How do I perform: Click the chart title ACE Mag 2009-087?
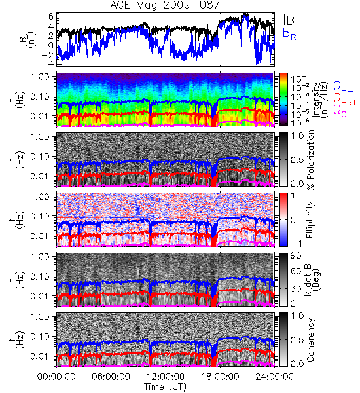pos(165,5)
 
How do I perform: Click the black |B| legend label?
pos(291,20)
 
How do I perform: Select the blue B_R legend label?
pos(289,33)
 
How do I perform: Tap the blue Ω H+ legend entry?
pos(343,88)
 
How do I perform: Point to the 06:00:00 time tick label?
pos(111,377)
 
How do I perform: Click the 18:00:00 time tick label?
pos(220,377)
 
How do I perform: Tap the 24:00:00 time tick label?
pos(274,377)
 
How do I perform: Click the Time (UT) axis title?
pos(166,386)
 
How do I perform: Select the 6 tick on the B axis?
pos(52,16)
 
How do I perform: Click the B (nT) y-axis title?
pos(28,39)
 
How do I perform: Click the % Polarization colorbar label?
pos(310,160)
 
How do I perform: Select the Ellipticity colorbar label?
pos(310,219)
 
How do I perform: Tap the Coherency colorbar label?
pos(310,340)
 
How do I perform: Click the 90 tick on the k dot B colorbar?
pos(295,255)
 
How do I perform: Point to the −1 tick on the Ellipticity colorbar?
pos(296,244)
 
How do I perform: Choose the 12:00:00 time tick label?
pos(166,377)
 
